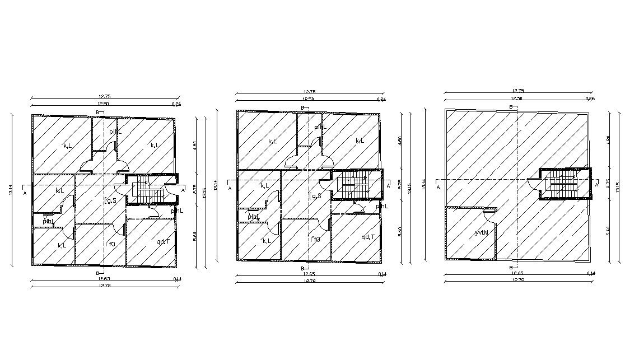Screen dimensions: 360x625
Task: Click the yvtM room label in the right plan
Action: tap(482, 232)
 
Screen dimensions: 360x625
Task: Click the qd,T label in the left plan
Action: tap(163, 242)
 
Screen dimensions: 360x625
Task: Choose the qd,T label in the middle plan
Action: tap(368, 237)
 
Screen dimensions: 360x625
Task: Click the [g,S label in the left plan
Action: tap(110, 200)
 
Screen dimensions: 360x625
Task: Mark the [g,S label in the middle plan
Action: tap(315, 196)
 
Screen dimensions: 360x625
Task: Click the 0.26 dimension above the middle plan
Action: tap(381, 99)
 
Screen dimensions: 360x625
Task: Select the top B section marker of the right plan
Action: tap(511, 106)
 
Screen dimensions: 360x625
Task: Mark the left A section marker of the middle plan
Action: tap(230, 188)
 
